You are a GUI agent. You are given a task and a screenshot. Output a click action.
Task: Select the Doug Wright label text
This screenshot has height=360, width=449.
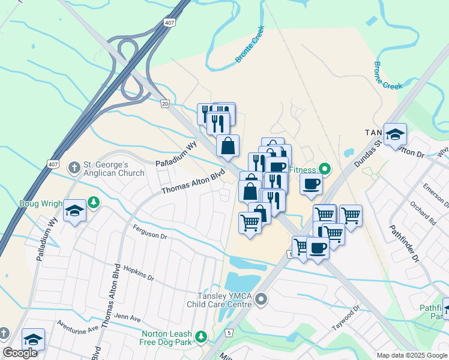[41, 203]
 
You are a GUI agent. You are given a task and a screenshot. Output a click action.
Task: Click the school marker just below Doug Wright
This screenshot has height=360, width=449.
[74, 211]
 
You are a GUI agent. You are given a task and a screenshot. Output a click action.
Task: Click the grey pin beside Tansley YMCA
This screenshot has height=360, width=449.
[261, 298]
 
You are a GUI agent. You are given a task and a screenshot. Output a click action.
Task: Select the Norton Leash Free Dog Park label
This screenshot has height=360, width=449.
[167, 338]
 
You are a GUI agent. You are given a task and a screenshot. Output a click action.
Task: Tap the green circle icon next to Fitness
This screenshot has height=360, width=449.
[325, 169]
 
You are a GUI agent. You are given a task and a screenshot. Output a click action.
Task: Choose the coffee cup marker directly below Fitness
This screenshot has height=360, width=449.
[311, 184]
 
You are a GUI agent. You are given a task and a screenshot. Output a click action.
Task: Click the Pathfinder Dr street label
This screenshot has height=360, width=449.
[403, 243]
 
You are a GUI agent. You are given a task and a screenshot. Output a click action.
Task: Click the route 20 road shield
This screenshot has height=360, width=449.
[164, 103]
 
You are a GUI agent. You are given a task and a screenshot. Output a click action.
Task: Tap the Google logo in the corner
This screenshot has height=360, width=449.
[20, 353]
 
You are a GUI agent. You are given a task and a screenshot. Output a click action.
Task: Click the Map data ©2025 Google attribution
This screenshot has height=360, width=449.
[412, 355]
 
